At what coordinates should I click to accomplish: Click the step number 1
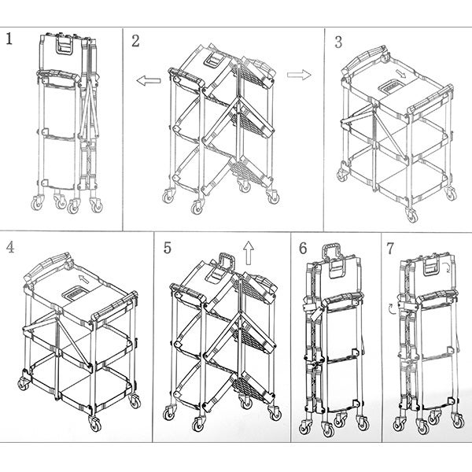(x=9, y=39)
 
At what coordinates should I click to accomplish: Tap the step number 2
(x=135, y=41)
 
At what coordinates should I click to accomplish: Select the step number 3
(x=338, y=42)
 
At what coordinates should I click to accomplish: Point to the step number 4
(x=10, y=247)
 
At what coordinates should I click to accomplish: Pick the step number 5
(x=168, y=248)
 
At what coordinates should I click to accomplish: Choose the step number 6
(x=303, y=249)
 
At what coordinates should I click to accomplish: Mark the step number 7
(x=390, y=249)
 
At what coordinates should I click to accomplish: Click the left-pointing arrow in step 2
(x=149, y=81)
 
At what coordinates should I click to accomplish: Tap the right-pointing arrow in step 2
(x=299, y=75)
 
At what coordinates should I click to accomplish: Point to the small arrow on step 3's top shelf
(x=400, y=74)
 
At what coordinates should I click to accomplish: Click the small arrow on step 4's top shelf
(x=85, y=279)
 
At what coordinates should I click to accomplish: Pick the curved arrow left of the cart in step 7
(x=392, y=309)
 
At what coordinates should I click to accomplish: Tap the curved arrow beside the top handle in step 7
(x=447, y=267)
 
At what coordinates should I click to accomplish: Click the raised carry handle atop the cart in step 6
(x=332, y=252)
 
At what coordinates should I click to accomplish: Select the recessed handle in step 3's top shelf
(x=391, y=87)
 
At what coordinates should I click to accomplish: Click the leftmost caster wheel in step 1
(x=37, y=203)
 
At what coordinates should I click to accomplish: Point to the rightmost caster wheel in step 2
(x=273, y=197)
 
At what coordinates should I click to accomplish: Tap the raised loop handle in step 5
(x=227, y=262)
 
